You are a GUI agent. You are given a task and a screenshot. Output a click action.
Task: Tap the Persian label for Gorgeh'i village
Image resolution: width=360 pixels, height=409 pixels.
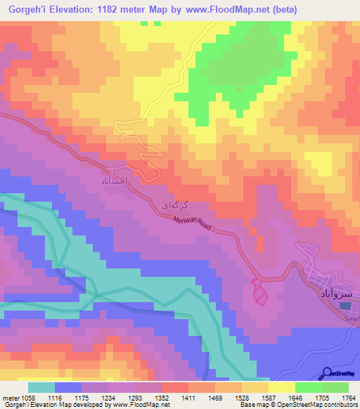tap(175, 205)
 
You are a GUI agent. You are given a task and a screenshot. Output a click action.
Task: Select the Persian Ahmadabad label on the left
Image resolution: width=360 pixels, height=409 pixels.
tap(109, 181)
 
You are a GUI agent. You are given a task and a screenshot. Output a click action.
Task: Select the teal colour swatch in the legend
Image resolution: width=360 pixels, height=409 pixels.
tap(41, 387)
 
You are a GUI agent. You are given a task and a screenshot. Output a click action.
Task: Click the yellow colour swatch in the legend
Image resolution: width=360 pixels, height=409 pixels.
tap(282, 387)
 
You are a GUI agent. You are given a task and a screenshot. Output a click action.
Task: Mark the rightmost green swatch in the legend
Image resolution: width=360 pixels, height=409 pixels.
tap(335, 387)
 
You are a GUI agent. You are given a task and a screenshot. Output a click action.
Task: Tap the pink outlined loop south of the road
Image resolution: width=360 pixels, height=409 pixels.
tap(259, 292)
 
